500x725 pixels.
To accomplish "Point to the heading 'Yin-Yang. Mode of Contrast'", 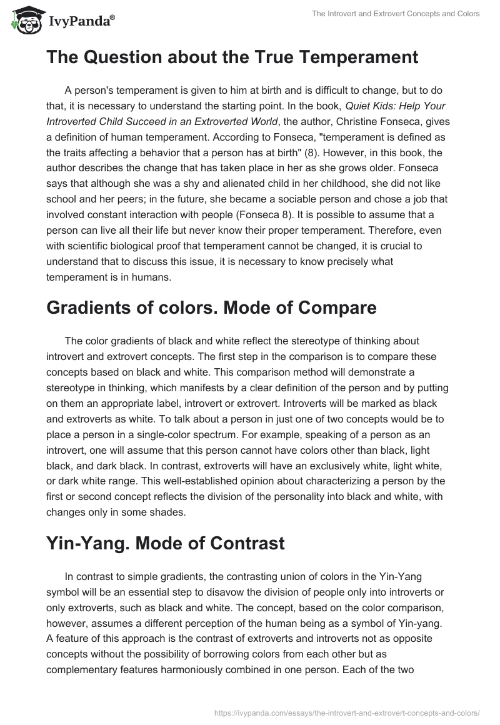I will coord(166,543).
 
